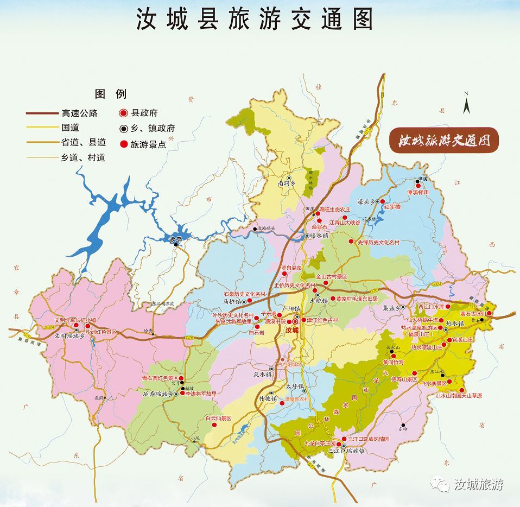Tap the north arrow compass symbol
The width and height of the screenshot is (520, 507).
point(466,103)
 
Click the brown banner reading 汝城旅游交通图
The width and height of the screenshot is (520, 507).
point(444,141)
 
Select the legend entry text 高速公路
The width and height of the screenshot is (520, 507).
point(80,113)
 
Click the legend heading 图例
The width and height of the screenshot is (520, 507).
point(110,94)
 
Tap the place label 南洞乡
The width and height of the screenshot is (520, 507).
point(288,184)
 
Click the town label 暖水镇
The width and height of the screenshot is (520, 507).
point(319,236)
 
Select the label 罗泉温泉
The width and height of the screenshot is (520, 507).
point(291,268)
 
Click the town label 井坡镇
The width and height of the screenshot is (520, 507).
point(268,398)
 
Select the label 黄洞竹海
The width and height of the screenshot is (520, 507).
point(394,362)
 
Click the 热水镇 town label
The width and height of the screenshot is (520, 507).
point(455,324)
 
